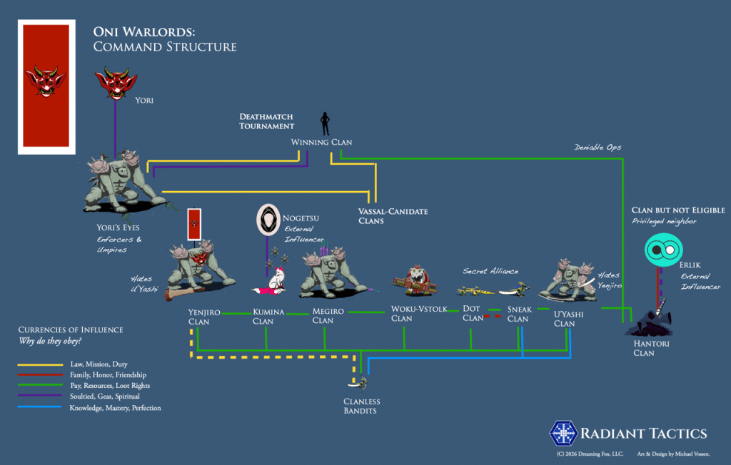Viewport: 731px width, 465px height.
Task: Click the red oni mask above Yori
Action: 116,84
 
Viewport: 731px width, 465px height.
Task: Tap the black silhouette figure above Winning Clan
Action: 325,123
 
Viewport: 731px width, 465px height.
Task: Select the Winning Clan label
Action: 321,142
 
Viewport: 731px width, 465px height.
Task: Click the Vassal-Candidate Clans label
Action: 383,216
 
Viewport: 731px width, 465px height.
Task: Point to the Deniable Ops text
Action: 598,148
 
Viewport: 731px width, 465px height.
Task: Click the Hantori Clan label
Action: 644,348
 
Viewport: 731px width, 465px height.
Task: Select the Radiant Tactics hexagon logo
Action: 562,434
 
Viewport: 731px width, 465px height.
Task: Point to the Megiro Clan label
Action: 328,316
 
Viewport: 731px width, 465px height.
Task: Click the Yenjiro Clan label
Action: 203,317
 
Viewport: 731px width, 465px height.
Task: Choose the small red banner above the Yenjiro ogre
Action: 193,223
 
